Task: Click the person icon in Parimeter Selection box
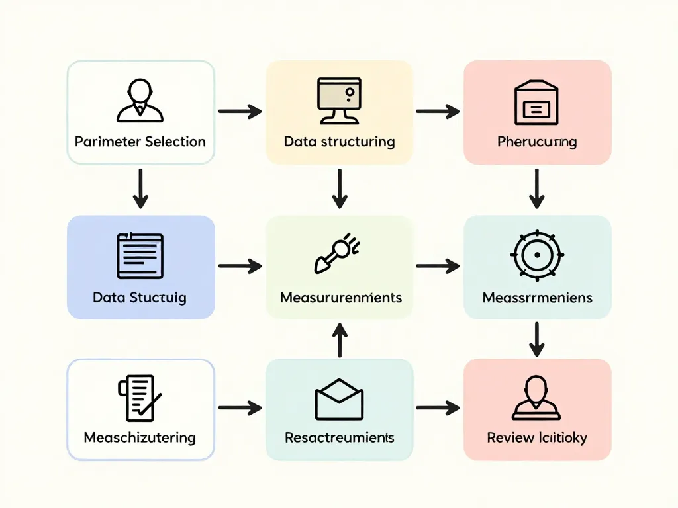click(x=140, y=101)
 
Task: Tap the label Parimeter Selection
click(x=140, y=142)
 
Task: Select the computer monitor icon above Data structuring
click(x=339, y=101)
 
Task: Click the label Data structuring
click(x=339, y=142)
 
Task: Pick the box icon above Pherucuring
click(x=537, y=102)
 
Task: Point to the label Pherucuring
click(x=537, y=142)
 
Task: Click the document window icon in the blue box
click(x=140, y=256)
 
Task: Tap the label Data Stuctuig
click(x=140, y=297)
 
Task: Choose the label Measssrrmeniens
click(x=537, y=297)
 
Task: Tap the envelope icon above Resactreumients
click(x=339, y=399)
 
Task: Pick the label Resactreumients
click(x=339, y=437)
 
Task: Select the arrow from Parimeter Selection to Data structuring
click(x=240, y=111)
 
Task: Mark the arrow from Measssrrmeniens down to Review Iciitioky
click(x=537, y=339)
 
